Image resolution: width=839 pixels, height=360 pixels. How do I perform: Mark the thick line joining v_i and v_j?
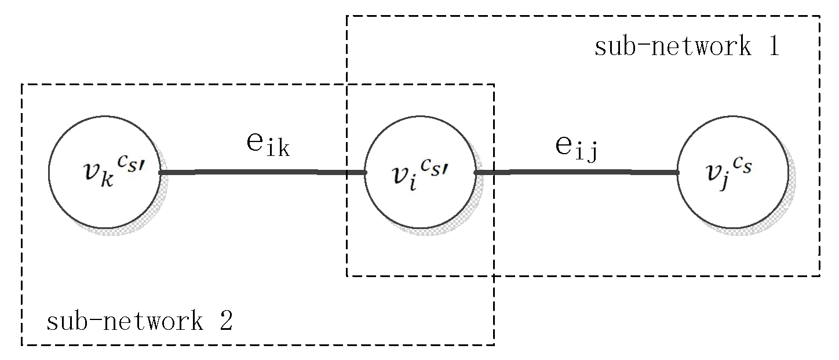(577, 172)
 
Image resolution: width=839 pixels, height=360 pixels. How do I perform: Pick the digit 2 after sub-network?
(225, 321)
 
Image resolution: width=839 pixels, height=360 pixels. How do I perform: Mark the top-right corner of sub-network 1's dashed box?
(819, 16)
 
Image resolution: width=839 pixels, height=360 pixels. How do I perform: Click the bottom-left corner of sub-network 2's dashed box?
(22, 345)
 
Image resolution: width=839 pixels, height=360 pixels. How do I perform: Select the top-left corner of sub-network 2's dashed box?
(22, 85)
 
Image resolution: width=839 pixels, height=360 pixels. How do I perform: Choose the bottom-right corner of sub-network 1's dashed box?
(819, 276)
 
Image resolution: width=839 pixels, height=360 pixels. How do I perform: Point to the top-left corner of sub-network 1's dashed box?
(347, 16)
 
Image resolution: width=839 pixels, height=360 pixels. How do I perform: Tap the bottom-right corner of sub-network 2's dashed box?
(494, 345)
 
